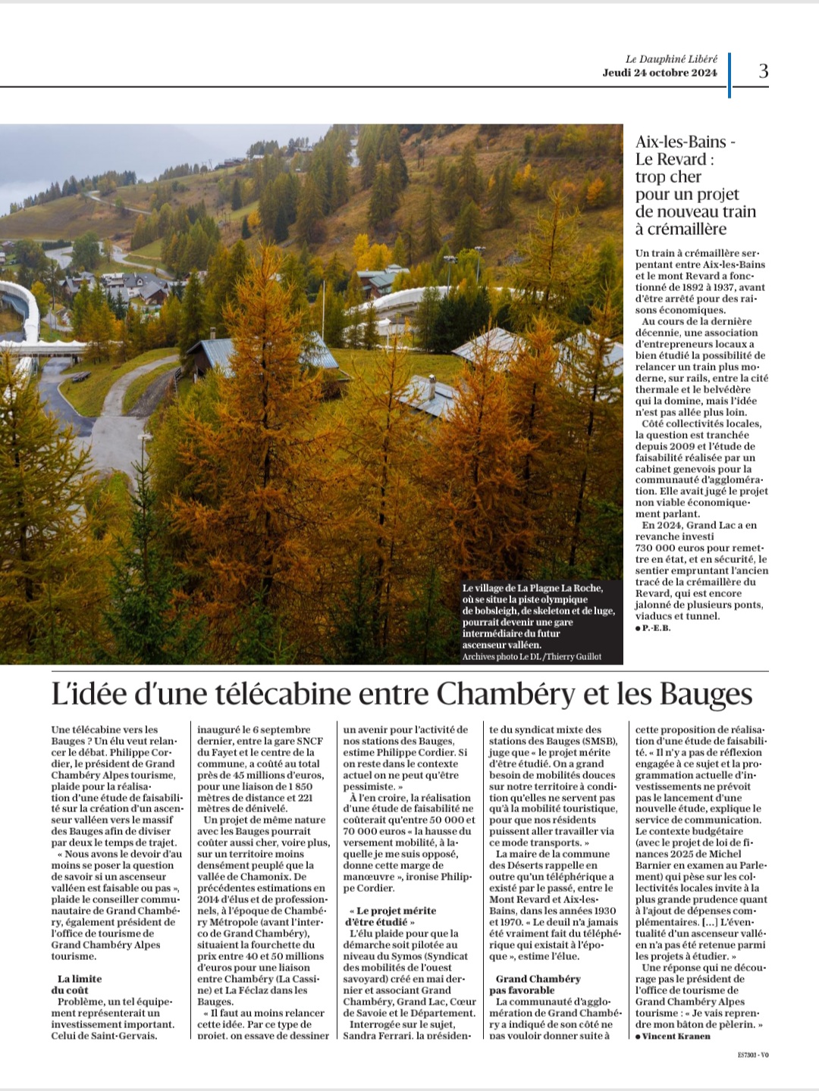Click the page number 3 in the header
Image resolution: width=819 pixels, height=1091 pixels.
point(763,71)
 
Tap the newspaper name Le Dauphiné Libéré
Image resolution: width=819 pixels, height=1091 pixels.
point(671,59)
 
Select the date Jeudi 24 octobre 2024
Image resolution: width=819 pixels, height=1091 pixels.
point(660,73)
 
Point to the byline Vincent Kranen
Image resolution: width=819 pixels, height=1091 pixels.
point(676,1036)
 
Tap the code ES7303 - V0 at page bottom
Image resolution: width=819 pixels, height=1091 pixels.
point(752,1054)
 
